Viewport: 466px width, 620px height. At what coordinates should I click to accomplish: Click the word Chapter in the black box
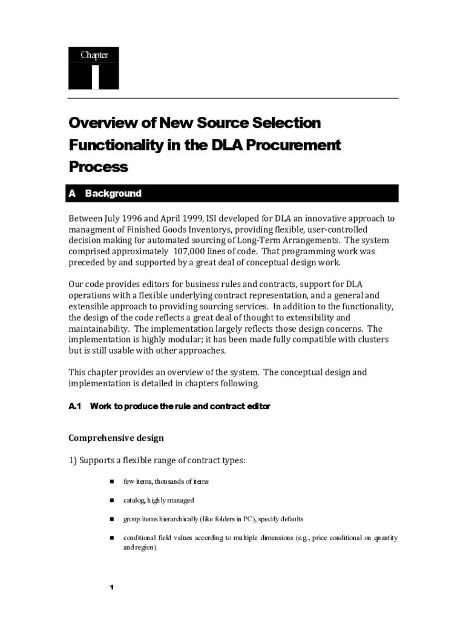pos(94,56)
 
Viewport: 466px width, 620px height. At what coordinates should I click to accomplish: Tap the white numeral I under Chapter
pos(95,77)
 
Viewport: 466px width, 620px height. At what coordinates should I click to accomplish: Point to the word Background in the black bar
pos(113,194)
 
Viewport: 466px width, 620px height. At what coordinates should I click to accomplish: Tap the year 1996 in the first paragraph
pos(128,219)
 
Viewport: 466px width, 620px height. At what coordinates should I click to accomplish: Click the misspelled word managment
pos(91,229)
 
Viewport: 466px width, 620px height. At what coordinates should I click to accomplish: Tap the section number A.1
pos(74,406)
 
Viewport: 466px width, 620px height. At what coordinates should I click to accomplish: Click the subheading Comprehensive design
pos(116,438)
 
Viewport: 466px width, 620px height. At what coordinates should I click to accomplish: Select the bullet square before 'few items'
pos(112,481)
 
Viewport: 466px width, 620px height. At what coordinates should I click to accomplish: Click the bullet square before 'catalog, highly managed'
pos(112,500)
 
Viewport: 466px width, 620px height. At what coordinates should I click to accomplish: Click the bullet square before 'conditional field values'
pos(112,538)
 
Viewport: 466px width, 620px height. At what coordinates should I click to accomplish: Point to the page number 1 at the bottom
pos(112,588)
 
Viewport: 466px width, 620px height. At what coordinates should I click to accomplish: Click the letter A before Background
pos(72,194)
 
